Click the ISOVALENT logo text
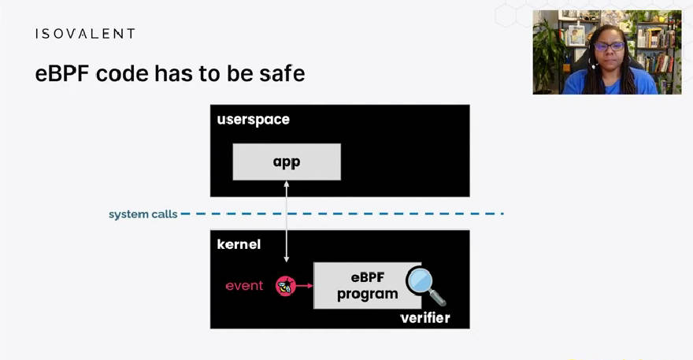pos(85,34)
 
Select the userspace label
pos(254,120)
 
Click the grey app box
pos(287,161)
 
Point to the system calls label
pos(143,214)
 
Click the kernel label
pos(239,244)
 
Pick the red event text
pos(244,286)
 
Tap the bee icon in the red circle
pos(285,286)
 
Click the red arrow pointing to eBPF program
pos(304,286)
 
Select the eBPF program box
pos(367,286)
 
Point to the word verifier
pos(425,317)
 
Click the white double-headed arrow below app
pos(287,221)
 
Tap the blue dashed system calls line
pos(343,214)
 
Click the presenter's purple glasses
pos(609,46)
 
